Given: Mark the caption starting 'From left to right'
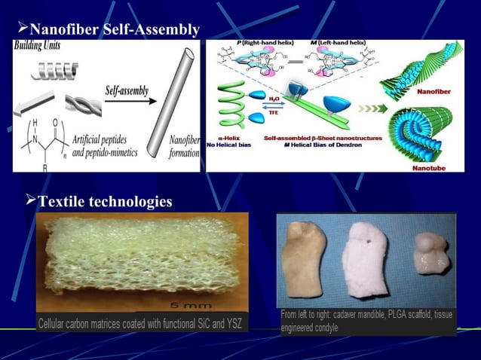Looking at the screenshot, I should (366, 321).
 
